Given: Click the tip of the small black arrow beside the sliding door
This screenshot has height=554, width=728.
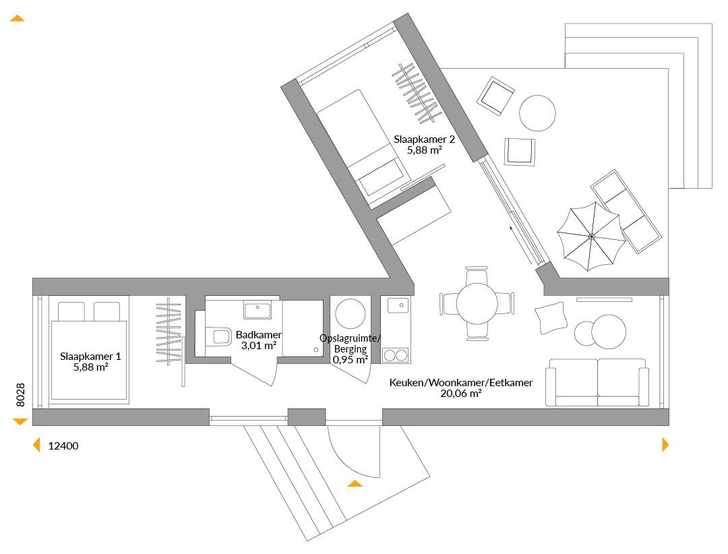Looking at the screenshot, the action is click(510, 226).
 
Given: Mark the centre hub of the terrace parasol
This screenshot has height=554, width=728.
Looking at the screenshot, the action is click(592, 237).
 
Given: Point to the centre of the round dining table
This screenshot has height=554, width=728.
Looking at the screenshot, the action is click(477, 303).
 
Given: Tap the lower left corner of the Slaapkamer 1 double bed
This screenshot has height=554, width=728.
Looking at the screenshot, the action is click(51, 400).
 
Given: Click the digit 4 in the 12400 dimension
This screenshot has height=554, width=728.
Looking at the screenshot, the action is click(63, 445).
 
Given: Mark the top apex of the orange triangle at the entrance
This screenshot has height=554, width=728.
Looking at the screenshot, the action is click(355, 481).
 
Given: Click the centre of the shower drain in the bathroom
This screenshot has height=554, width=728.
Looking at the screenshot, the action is click(316, 350).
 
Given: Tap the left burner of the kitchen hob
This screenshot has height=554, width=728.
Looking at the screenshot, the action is click(389, 356).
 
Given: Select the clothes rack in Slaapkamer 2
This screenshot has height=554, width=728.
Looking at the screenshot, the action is click(417, 93).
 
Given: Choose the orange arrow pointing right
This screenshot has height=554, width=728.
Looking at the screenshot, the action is click(665, 444).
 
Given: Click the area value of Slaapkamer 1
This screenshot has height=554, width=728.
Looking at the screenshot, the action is click(90, 367).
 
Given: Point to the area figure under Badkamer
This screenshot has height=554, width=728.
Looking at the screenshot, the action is click(259, 346).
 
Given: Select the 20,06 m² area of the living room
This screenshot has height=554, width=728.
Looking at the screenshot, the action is click(460, 394).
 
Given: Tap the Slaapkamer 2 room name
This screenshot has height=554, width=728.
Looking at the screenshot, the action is click(425, 140).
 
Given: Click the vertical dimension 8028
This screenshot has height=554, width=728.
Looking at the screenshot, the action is click(20, 395).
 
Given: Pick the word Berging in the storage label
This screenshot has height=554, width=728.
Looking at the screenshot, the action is click(351, 349).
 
